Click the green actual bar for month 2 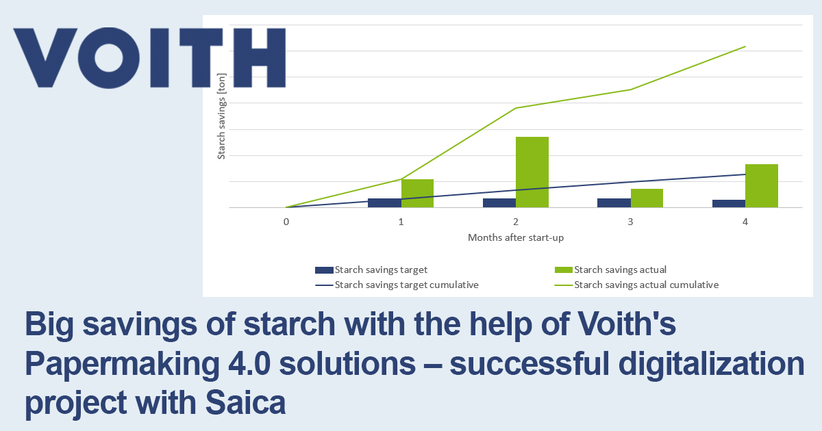[x=532, y=172]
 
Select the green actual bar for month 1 [x=417, y=193]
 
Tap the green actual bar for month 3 [x=647, y=198]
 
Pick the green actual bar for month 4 [x=761, y=185]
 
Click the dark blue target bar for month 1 [x=384, y=203]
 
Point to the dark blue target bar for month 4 [x=728, y=203]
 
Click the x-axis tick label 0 [x=286, y=222]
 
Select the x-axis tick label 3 [x=630, y=222]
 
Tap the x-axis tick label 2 [x=515, y=222]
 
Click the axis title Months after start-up [x=515, y=237]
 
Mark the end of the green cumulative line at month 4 [x=745, y=47]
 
